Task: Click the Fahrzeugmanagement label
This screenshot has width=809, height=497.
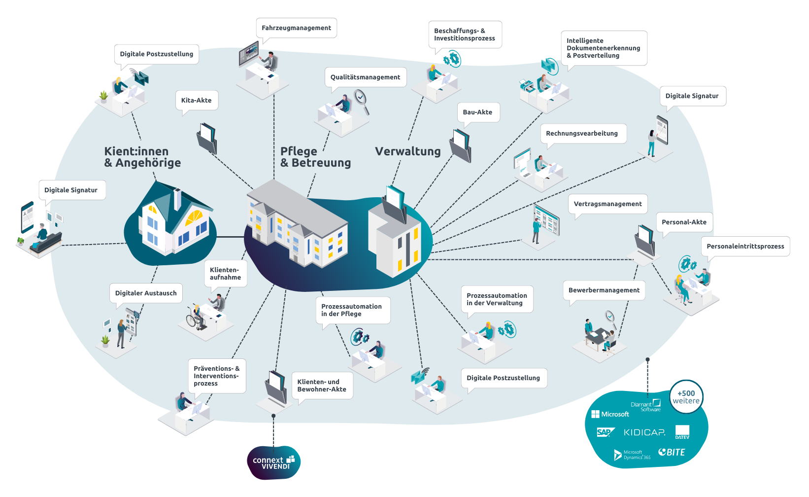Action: coord(296,28)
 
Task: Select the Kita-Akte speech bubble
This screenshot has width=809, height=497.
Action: coord(196,101)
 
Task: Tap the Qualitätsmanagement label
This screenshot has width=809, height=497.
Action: coord(365,77)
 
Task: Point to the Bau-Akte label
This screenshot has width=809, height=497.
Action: coord(477,112)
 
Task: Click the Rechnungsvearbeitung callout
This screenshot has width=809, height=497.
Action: coord(581,134)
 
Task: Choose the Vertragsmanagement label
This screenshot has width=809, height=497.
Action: coord(607,204)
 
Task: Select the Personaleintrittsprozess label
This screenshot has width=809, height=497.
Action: coord(745,247)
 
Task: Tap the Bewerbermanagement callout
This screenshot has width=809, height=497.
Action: coord(604,290)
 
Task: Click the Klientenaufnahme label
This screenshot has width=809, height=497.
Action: coord(225,274)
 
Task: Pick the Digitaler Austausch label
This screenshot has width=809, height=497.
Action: coord(146,293)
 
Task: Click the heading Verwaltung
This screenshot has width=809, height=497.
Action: coord(408,152)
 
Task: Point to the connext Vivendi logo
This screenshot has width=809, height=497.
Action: coord(273,463)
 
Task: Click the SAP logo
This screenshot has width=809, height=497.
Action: coord(605,432)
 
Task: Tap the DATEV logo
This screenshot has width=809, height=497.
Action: coord(682,432)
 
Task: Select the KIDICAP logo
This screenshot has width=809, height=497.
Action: coord(644,432)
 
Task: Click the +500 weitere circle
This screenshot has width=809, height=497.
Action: coord(686,397)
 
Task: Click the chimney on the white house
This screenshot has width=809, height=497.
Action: coord(177,198)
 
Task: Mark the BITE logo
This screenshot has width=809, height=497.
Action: coord(672,452)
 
